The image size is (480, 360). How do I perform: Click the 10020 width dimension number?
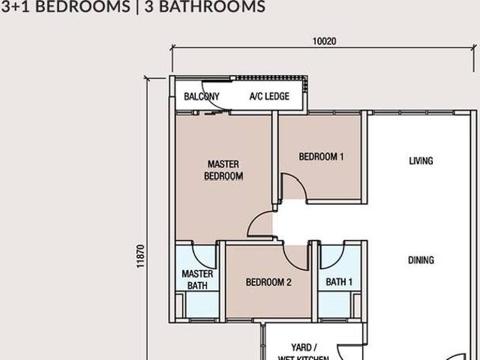(x=325, y=41)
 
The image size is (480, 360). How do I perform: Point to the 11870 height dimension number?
(x=140, y=256)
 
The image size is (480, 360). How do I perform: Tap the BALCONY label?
(x=202, y=96)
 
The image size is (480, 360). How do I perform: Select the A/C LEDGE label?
(x=269, y=96)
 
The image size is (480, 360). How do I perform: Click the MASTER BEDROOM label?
(x=223, y=169)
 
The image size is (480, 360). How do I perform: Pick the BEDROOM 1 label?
(x=321, y=157)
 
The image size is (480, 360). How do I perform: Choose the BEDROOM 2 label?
(x=268, y=283)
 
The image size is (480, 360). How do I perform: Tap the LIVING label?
(x=421, y=160)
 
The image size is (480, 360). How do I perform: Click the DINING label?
(x=421, y=260)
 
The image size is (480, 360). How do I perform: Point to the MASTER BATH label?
(x=197, y=279)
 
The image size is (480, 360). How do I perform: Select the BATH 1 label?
(x=339, y=283)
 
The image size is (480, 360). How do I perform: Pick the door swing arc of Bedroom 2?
(x=298, y=257)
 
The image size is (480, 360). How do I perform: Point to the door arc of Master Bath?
(x=205, y=255)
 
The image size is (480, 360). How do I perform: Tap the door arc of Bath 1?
(x=331, y=256)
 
